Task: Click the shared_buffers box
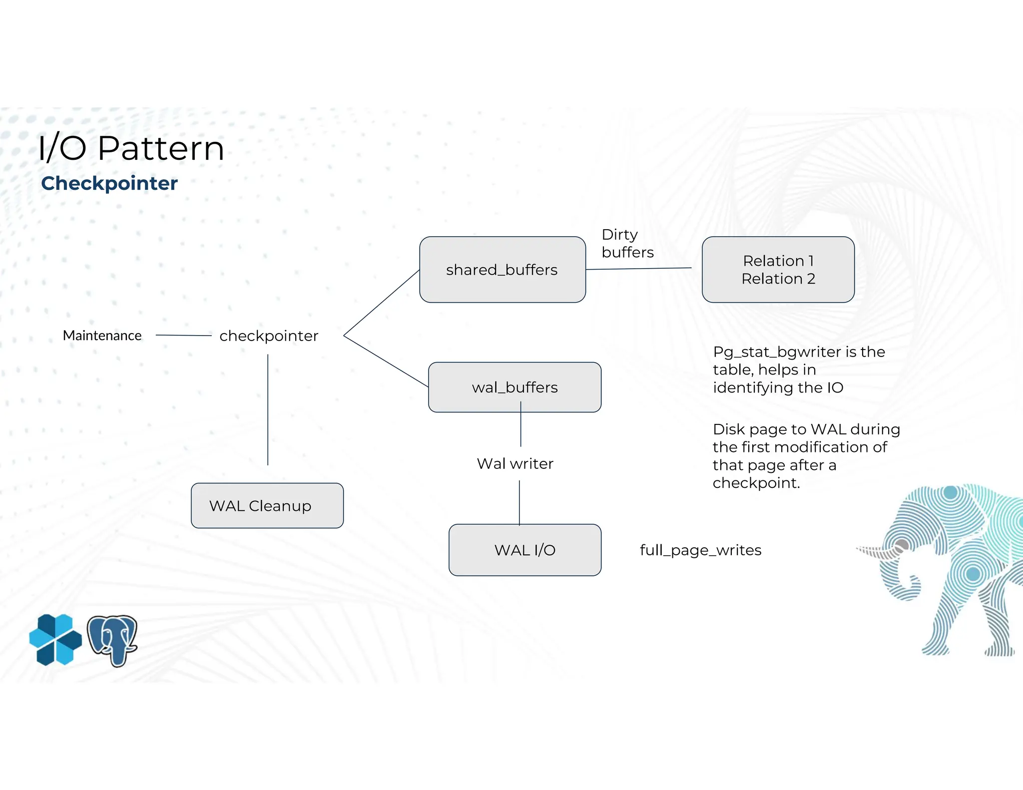click(502, 270)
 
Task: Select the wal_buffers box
click(514, 388)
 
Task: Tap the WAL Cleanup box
click(267, 505)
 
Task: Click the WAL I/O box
click(524, 550)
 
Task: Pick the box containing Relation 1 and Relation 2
click(778, 270)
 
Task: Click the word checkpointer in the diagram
click(269, 336)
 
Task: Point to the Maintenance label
click(102, 336)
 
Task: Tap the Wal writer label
click(515, 464)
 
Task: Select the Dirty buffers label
click(626, 244)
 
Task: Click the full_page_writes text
click(700, 550)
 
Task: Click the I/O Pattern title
click(131, 148)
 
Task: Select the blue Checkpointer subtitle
click(109, 183)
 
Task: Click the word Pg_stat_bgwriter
click(777, 352)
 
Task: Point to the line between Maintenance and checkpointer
click(183, 336)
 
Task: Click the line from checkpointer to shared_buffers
click(381, 303)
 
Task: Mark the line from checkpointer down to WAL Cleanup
click(268, 409)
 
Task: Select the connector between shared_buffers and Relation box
click(638, 269)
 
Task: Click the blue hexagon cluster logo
click(55, 640)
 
